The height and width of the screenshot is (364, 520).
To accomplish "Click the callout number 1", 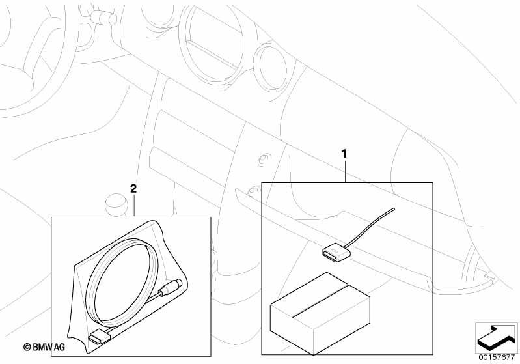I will click(344, 154).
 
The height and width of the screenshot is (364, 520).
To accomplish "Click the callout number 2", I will click(133, 189).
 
